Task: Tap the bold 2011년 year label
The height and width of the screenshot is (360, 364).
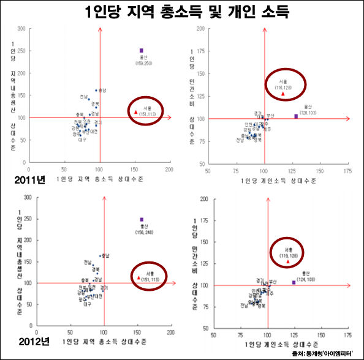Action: (17, 181)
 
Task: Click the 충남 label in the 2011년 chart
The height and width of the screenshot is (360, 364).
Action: (102, 91)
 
